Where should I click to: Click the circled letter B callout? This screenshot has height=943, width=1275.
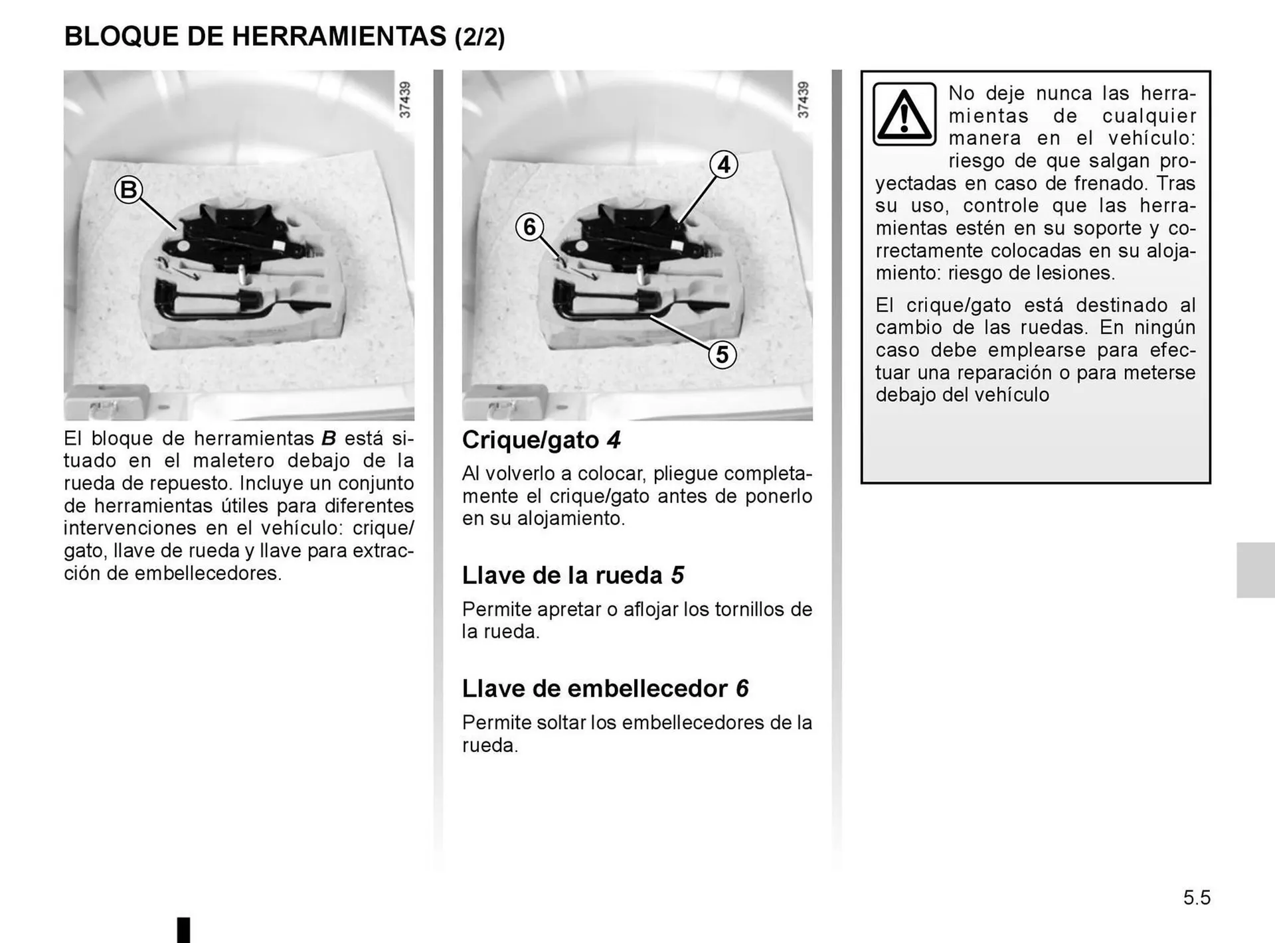(x=128, y=190)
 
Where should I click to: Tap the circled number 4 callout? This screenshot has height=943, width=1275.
(x=723, y=164)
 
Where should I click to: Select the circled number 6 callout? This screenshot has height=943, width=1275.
(x=529, y=227)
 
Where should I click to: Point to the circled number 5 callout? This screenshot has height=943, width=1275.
(x=722, y=354)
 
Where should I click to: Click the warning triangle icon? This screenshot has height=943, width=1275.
(x=904, y=114)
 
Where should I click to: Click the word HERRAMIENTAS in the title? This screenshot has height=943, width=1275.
(x=339, y=36)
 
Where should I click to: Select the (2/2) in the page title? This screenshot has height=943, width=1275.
(x=479, y=37)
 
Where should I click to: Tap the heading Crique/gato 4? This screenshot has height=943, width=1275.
(x=541, y=440)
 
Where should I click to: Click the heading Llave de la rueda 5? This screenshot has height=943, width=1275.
(x=572, y=575)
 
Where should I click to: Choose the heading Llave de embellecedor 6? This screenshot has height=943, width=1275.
(x=605, y=688)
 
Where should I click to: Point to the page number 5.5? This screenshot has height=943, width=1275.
(x=1197, y=898)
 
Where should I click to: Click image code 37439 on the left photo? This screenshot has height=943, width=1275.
(x=404, y=100)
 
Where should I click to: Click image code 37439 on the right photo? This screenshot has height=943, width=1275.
(x=803, y=100)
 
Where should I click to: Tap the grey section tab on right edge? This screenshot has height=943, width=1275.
(x=1255, y=570)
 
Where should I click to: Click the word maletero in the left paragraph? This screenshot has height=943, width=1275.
(x=232, y=461)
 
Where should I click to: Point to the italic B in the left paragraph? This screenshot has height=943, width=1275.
(x=329, y=438)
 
